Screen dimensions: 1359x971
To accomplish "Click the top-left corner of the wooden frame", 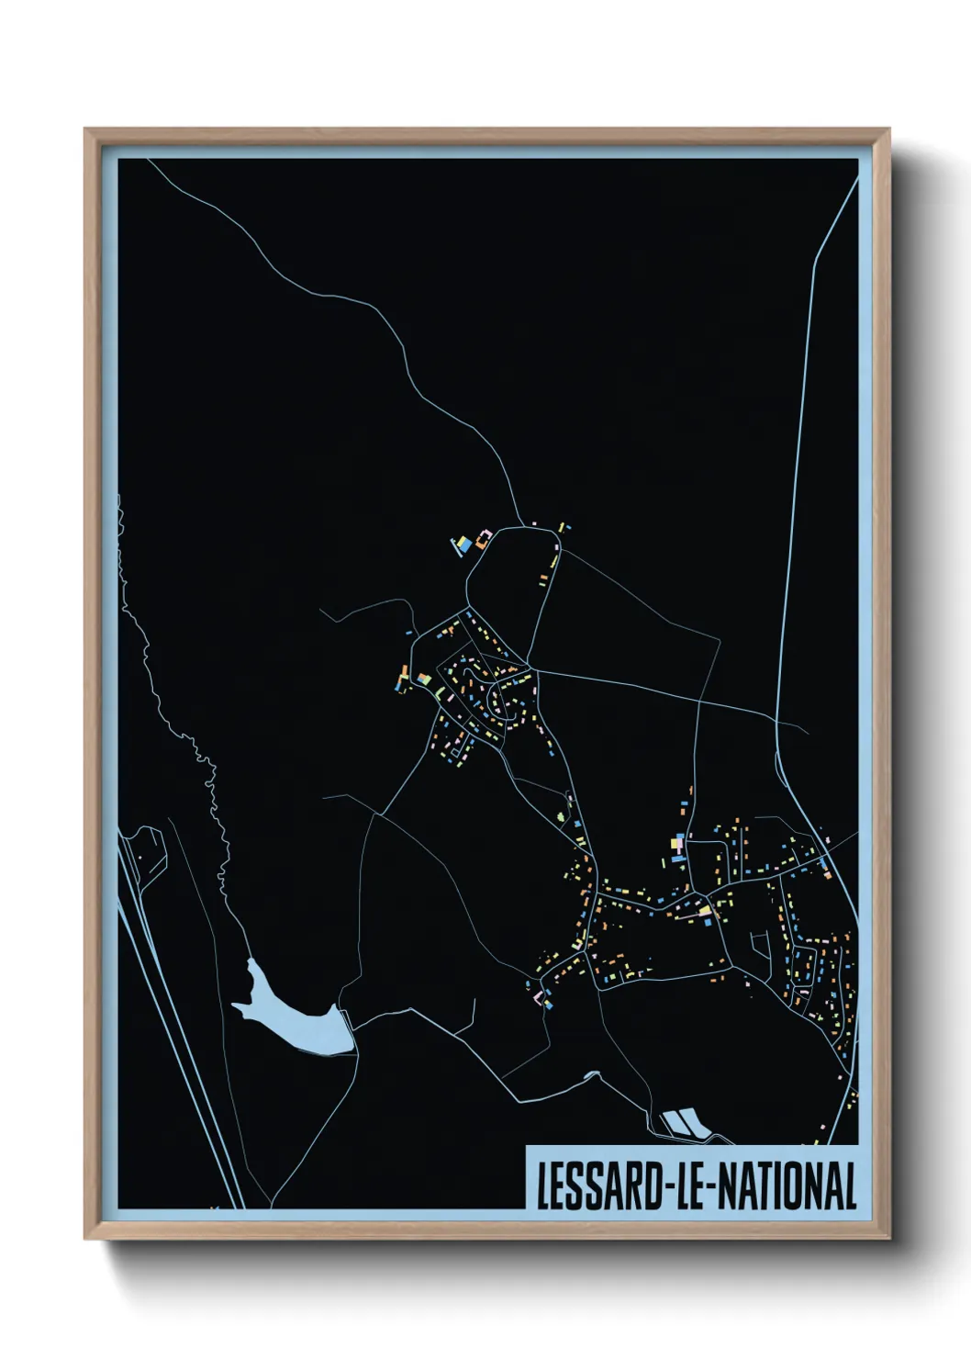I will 86,130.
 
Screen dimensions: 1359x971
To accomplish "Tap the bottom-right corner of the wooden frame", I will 887,1237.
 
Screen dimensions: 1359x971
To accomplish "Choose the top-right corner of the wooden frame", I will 887,130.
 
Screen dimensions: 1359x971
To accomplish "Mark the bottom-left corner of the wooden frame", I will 86,1237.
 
